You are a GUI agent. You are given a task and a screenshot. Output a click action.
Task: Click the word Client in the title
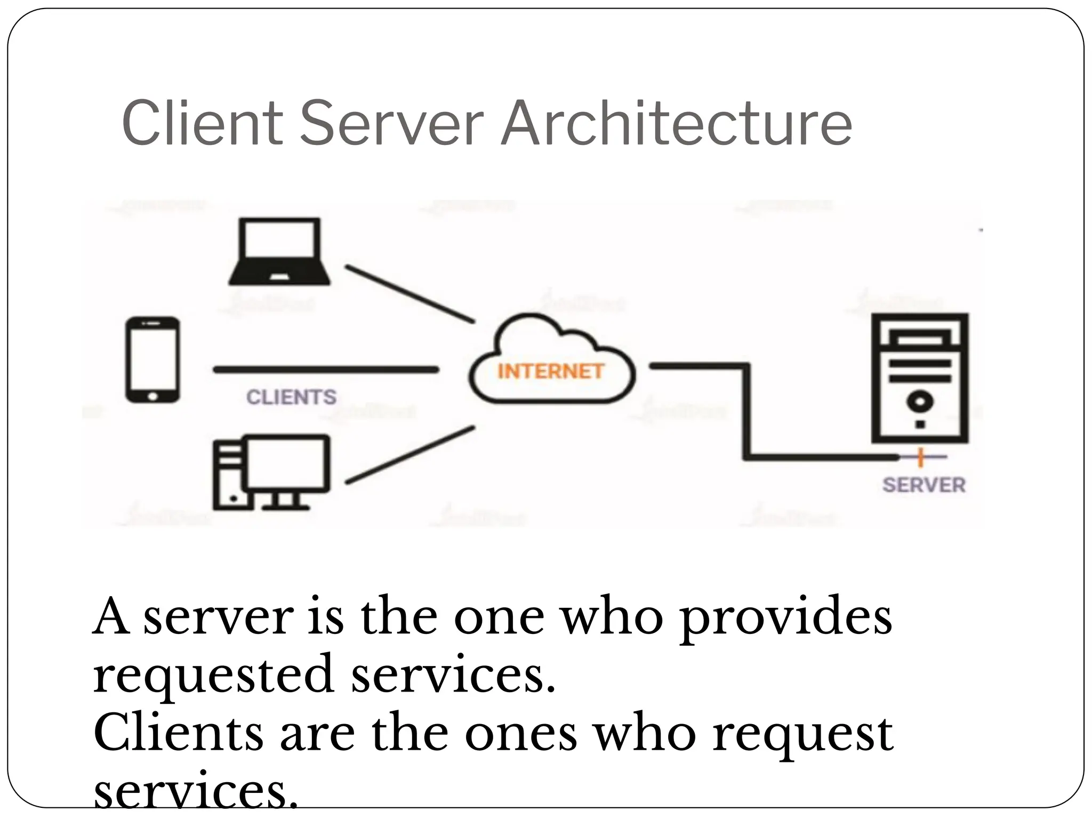(x=202, y=123)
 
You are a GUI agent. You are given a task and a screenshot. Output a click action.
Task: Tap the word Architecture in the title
(x=677, y=123)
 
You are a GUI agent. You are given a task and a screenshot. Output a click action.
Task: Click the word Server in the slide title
(x=392, y=123)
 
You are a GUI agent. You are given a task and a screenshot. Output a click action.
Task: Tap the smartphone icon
(x=152, y=360)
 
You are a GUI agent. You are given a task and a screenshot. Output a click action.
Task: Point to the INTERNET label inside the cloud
(x=550, y=371)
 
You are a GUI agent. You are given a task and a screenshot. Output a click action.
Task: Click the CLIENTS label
(x=292, y=397)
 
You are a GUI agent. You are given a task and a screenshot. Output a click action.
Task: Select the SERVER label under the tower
(x=924, y=485)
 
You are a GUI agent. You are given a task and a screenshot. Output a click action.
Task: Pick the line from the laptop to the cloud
(x=409, y=294)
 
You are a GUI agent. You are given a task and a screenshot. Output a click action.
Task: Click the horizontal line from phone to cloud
(x=325, y=370)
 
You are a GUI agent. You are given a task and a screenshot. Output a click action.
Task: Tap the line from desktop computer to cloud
(x=409, y=455)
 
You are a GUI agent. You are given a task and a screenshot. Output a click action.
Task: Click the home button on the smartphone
(x=153, y=396)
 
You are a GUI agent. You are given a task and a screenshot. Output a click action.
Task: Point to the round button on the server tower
(x=920, y=401)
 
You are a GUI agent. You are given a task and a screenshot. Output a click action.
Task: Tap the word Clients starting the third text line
(x=179, y=734)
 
